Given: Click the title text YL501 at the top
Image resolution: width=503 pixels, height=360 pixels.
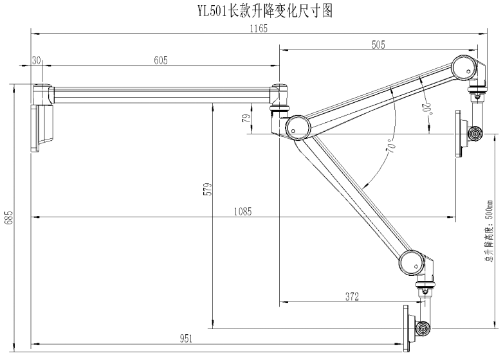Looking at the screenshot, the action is click(212, 12).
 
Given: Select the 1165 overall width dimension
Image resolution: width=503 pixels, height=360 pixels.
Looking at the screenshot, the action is click(259, 29).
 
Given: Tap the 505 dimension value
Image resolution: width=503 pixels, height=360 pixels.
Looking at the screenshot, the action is click(378, 45).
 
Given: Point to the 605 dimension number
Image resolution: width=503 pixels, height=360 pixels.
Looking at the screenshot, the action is click(161, 60).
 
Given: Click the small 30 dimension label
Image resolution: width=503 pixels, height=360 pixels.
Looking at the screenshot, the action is click(37, 60).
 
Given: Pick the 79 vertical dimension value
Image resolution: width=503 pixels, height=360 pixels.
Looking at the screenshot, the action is click(247, 118).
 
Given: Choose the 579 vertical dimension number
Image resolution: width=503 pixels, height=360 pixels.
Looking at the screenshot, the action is click(208, 189).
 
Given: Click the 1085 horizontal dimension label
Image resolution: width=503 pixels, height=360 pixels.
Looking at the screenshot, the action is click(243, 212).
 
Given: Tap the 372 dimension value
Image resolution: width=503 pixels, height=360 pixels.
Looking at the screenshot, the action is click(352, 297).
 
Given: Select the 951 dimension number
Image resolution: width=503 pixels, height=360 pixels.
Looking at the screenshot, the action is click(186, 339).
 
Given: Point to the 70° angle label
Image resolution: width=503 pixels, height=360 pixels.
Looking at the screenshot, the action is click(391, 145).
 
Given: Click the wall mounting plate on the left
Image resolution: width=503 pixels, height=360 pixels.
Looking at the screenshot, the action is click(35, 128).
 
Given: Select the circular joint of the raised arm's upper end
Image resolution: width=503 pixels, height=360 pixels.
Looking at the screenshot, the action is click(464, 68).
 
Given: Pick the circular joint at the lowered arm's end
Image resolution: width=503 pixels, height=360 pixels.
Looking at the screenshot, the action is click(412, 263).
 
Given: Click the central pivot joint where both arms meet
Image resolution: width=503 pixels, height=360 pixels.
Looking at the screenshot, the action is click(298, 127).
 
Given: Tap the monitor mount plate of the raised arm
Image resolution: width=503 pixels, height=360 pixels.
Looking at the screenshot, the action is click(459, 134).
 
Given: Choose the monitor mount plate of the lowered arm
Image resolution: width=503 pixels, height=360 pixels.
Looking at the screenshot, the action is click(407, 328).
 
